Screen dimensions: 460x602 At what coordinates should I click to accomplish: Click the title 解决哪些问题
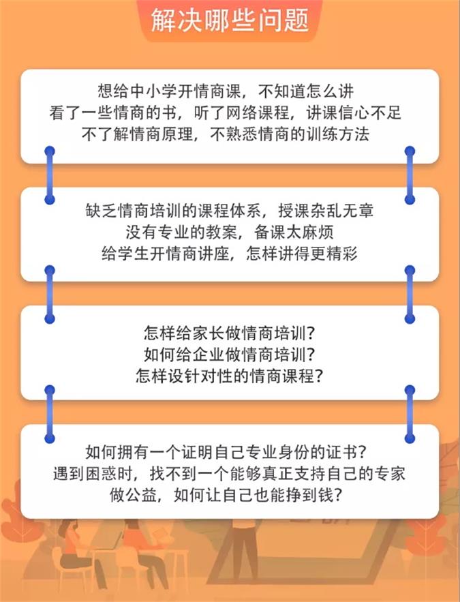click(x=230, y=20)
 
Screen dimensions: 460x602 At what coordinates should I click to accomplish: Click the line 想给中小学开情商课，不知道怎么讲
click(x=226, y=91)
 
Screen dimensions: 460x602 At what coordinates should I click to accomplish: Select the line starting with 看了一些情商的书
click(x=225, y=113)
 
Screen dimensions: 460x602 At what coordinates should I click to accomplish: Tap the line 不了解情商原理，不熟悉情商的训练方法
click(x=225, y=134)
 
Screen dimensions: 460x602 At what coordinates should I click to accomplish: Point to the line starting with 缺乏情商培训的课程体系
click(x=230, y=211)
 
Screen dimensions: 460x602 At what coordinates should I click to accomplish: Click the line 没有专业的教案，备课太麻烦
click(x=230, y=232)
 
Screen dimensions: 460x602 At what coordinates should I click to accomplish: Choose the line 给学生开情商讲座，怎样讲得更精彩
click(x=230, y=254)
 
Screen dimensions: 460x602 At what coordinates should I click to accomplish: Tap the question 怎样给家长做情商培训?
click(x=230, y=333)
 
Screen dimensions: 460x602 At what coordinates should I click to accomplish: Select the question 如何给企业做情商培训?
click(x=230, y=355)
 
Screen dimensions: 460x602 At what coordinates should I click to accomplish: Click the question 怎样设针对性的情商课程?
click(x=230, y=376)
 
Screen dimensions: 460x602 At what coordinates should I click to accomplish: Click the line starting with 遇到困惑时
click(x=229, y=474)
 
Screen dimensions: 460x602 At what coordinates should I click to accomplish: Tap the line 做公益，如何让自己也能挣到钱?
click(x=226, y=495)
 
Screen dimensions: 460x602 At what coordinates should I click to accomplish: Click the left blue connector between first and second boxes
click(x=50, y=175)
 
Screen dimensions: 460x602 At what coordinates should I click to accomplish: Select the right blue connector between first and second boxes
click(x=410, y=175)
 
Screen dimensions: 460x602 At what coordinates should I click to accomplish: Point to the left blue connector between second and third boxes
click(x=50, y=295)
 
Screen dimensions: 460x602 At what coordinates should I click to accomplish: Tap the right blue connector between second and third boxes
click(x=410, y=295)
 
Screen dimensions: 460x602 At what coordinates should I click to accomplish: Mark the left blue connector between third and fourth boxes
click(x=50, y=415)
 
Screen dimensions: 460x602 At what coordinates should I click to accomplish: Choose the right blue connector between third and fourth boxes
click(x=410, y=415)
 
